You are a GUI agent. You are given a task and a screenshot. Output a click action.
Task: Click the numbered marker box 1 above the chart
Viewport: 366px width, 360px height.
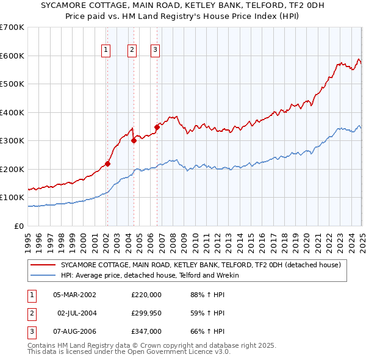tap(106, 50)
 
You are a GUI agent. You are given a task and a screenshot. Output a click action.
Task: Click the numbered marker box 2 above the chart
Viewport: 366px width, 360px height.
tap(132, 50)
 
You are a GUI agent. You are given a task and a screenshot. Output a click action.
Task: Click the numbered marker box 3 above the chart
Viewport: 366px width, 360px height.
tap(155, 50)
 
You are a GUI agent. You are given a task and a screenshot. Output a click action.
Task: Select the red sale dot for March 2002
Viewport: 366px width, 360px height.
tap(107, 164)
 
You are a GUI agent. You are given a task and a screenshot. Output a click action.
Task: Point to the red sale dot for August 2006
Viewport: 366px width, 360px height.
tap(157, 128)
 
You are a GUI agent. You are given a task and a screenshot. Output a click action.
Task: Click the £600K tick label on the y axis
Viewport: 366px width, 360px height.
tap(12, 56)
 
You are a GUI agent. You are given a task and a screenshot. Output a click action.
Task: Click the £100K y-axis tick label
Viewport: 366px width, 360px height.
tap(12, 198)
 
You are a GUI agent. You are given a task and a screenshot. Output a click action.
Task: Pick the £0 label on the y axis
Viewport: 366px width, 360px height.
tap(18, 226)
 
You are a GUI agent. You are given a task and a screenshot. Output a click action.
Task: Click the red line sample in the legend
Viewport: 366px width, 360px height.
tap(43, 265)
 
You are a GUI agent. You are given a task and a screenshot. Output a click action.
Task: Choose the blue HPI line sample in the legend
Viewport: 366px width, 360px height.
tap(43, 275)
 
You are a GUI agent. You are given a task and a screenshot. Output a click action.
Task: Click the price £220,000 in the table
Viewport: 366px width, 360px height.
tap(146, 295)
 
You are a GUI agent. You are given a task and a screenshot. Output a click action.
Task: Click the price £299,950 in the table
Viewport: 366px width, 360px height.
tap(146, 313)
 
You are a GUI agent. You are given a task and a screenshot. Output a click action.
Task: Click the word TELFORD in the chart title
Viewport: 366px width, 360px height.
tap(245, 7)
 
